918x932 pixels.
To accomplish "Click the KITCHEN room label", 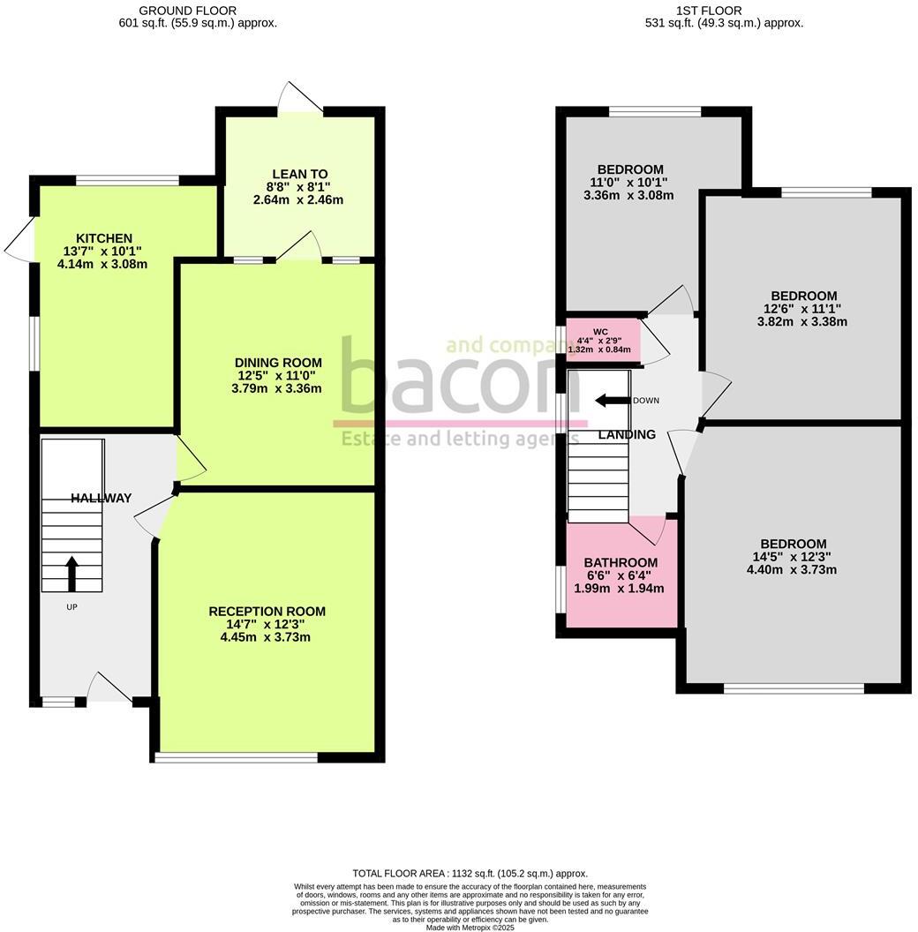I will [104, 238].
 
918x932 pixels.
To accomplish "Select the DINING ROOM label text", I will [278, 363].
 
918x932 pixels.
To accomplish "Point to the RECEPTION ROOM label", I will [267, 612].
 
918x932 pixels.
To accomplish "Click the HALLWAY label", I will [102, 498].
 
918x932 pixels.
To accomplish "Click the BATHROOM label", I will [621, 563].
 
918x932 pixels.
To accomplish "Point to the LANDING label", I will [627, 434].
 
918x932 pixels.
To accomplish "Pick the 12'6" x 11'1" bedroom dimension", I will [803, 309].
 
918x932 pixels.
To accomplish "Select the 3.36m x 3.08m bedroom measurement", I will [628, 195].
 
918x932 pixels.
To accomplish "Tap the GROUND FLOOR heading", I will [187, 11].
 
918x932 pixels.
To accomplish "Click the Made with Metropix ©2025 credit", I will [470, 928].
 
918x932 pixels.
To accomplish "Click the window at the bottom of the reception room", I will [236, 757].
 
